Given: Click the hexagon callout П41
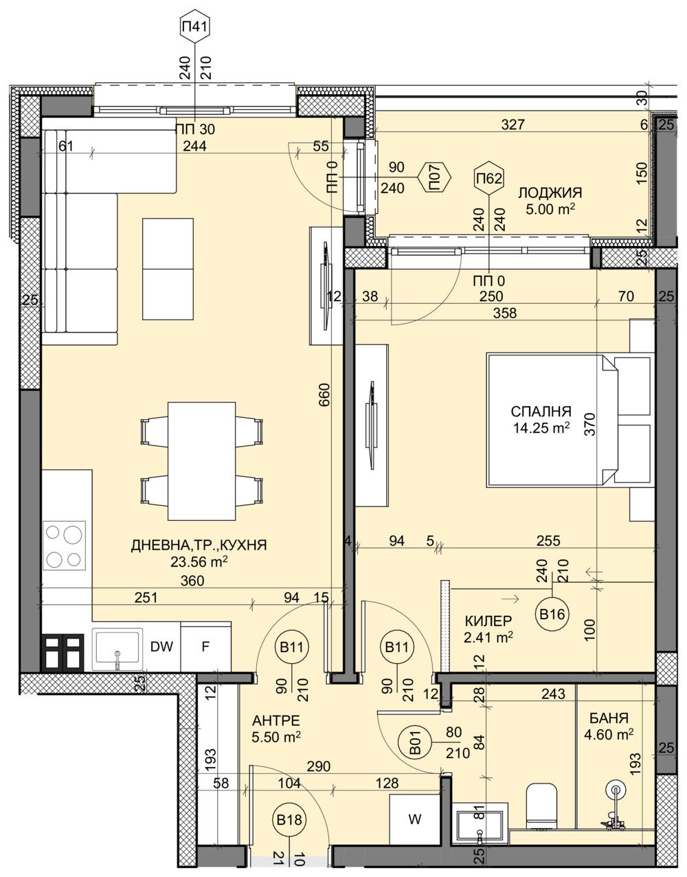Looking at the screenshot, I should coord(194,29).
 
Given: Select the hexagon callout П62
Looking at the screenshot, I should coord(488,179).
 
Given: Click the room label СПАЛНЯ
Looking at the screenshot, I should coord(541,412).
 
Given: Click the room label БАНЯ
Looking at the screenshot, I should coord(608,718).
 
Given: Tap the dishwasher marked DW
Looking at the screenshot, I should coord(161,647).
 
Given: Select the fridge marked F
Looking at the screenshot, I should coord(205,647).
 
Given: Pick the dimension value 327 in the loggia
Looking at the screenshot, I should coord(513,124).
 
